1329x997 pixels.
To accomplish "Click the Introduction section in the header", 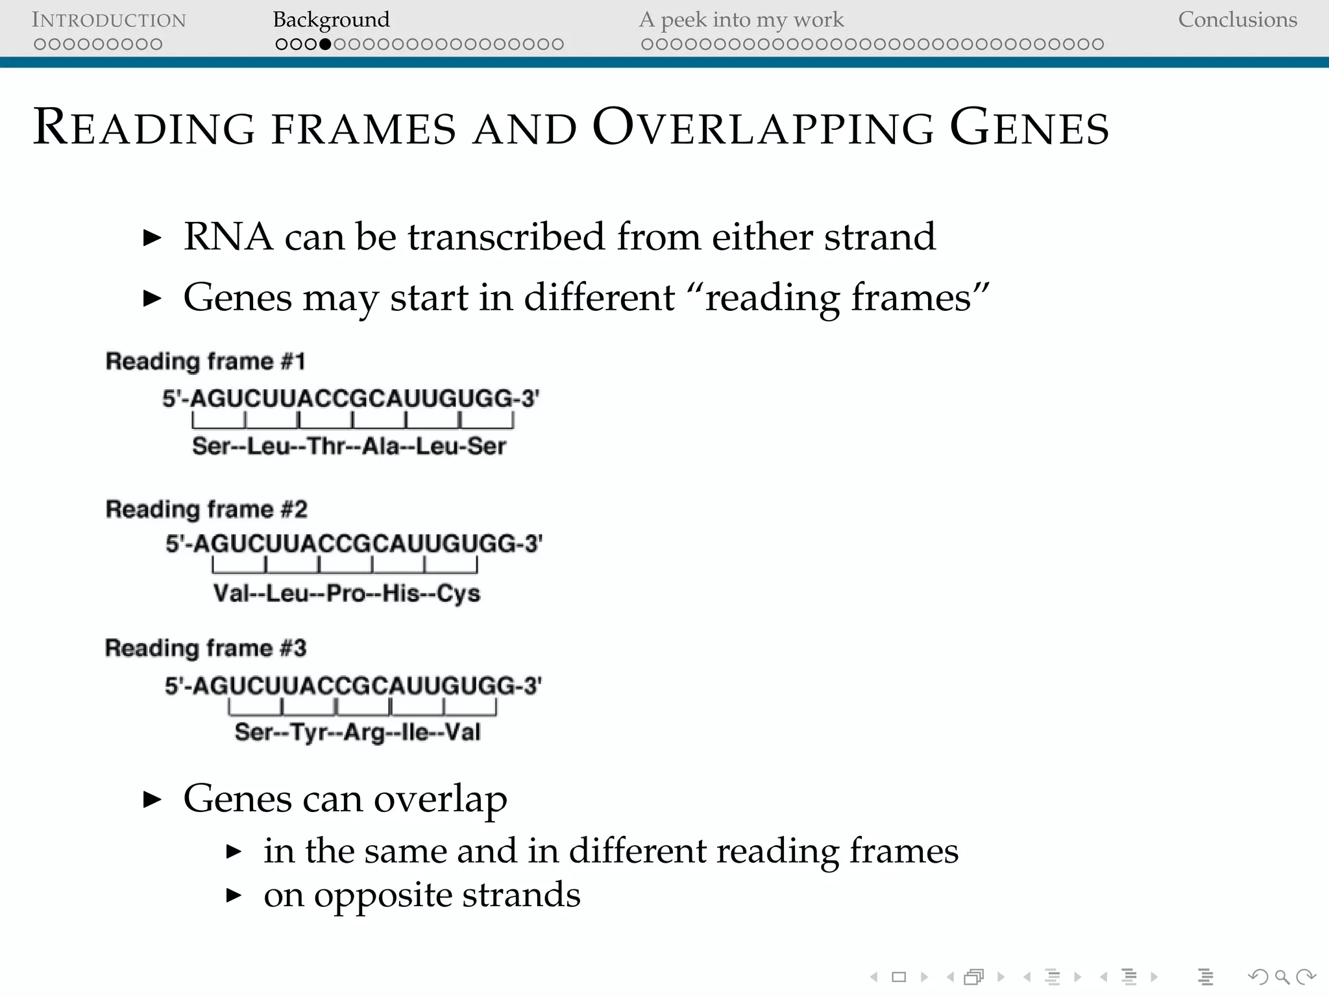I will [x=109, y=20].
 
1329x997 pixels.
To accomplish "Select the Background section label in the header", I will [x=331, y=20].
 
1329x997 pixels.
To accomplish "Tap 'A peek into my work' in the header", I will [x=741, y=20].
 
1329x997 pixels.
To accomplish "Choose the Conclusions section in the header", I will [x=1237, y=20].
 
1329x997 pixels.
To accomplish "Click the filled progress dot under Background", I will [x=325, y=44].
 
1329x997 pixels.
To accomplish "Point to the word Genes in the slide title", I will [x=1029, y=127].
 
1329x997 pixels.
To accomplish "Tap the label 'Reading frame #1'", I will [x=205, y=361].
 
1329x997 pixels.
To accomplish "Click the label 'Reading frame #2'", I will [x=206, y=509].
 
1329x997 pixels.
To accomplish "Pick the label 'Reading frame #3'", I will [x=205, y=648].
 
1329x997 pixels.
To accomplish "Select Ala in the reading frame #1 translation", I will [x=381, y=446].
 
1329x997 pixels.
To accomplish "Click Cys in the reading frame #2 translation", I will [x=458, y=593].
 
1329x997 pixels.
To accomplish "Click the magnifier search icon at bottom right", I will [x=1282, y=977].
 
